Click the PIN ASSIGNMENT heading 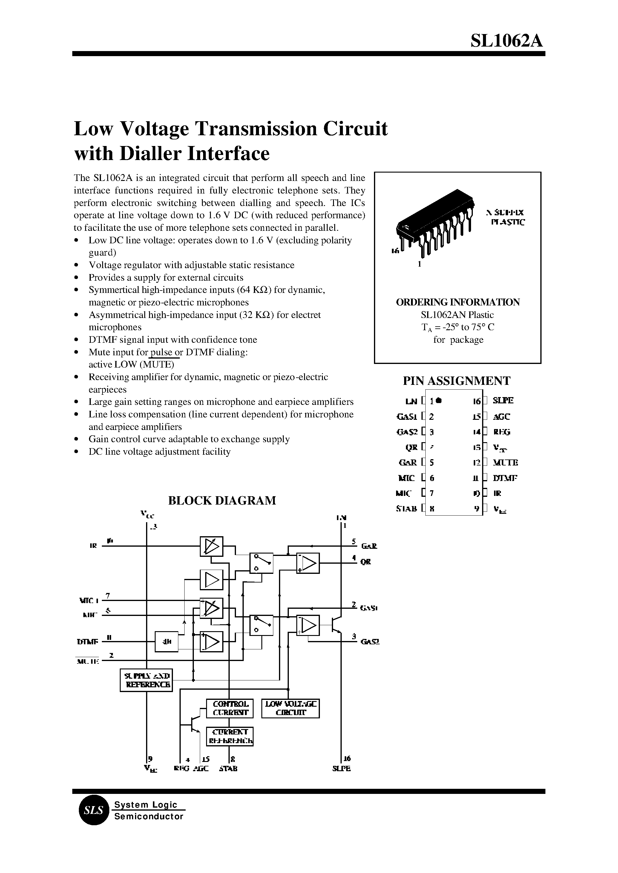tap(456, 381)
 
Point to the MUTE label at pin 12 tap(505, 462)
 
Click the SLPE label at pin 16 tap(503, 401)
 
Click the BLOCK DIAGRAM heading tap(222, 500)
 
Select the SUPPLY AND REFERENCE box tap(146, 680)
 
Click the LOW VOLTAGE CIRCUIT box tap(291, 708)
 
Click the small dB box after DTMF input tap(167, 642)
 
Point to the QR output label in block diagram tap(366, 562)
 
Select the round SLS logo tap(93, 811)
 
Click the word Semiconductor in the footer tap(149, 817)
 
